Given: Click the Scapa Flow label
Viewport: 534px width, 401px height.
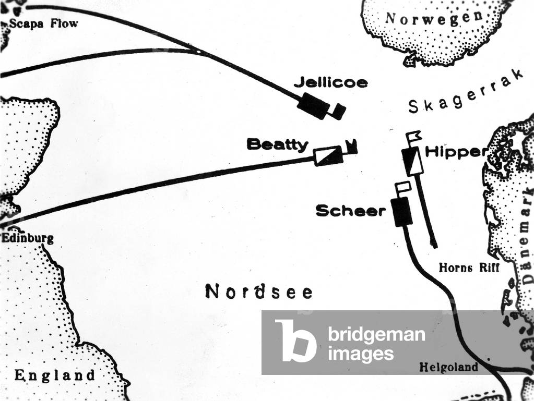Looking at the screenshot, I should [x=43, y=23].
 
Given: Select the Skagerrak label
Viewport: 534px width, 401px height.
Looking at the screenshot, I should [x=465, y=93].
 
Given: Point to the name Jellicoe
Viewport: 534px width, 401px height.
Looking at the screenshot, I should [x=330, y=82].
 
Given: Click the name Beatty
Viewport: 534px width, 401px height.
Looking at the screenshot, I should [x=278, y=144].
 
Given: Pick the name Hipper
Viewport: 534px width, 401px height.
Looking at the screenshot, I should [x=456, y=152].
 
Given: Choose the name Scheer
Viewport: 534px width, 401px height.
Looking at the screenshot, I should [x=350, y=211].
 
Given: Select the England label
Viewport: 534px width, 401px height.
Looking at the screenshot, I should [x=55, y=375].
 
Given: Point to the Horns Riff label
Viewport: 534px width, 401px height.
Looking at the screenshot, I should [x=469, y=268].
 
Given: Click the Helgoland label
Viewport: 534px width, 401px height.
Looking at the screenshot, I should [x=448, y=367].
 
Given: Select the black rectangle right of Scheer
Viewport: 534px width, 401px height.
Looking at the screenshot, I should [x=402, y=212].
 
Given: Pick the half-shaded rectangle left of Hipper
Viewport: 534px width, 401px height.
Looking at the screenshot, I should [x=411, y=161].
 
